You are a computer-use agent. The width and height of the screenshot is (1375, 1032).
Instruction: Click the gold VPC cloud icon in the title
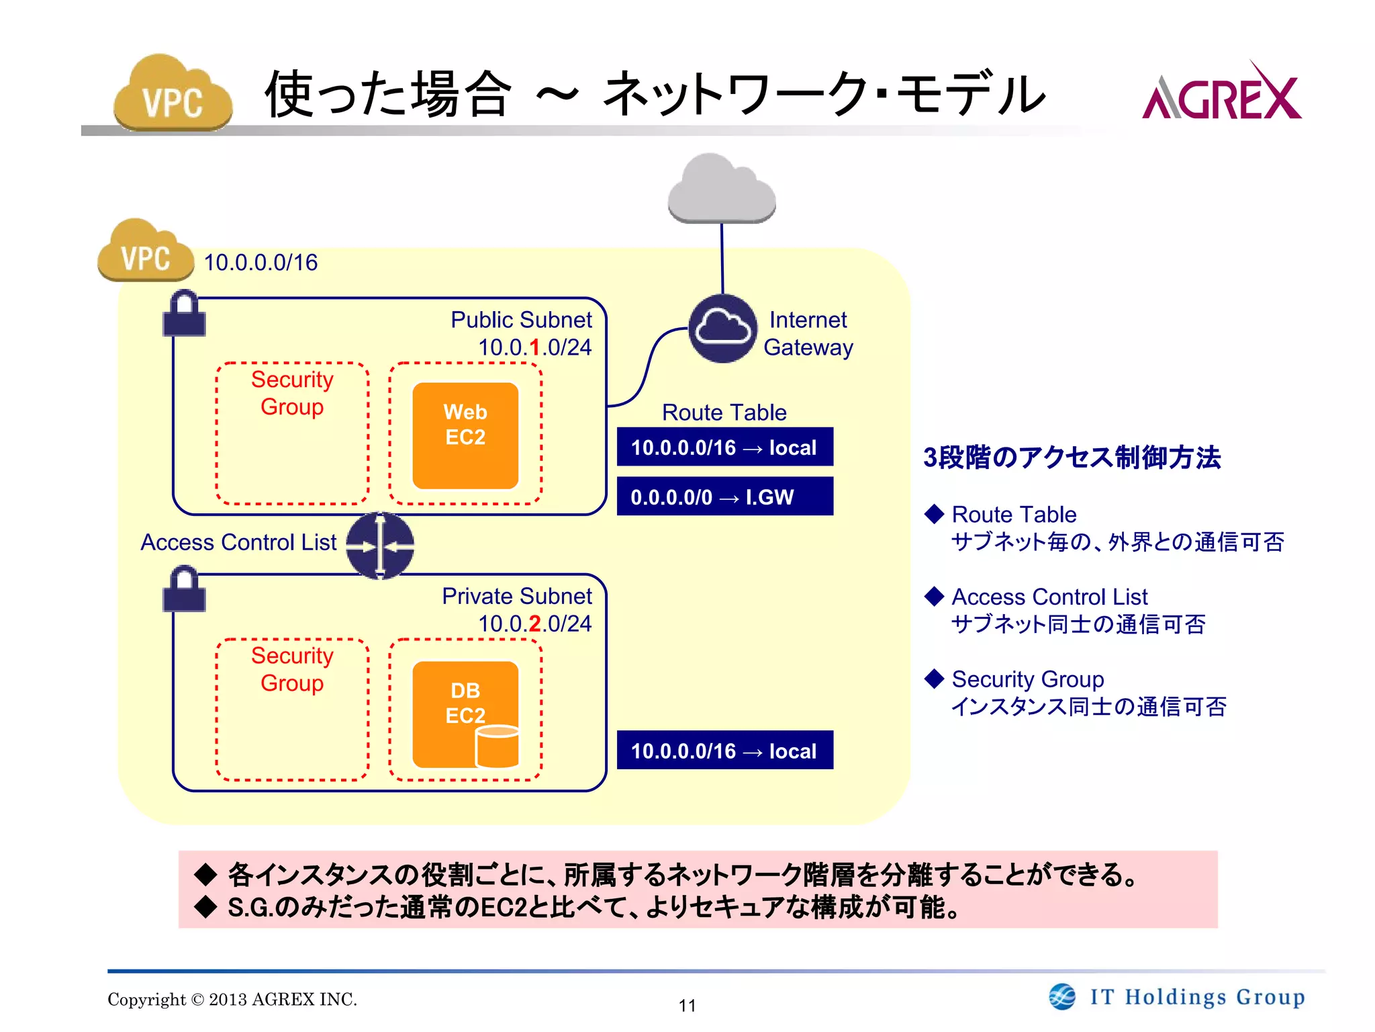click(x=173, y=94)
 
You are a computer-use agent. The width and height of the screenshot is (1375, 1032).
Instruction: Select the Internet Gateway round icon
click(x=722, y=329)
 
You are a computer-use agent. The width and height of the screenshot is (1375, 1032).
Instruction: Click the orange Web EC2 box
click(x=465, y=435)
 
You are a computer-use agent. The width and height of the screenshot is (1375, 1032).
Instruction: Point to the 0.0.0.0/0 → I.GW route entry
click(x=724, y=497)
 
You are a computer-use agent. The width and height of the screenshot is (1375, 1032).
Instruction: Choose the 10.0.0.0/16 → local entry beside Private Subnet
click(x=724, y=750)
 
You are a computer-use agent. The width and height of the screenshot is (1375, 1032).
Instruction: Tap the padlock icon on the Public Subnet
click(x=184, y=314)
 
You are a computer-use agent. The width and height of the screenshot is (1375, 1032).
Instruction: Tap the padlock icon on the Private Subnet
click(x=184, y=590)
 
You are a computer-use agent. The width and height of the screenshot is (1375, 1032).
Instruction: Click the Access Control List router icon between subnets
click(x=380, y=546)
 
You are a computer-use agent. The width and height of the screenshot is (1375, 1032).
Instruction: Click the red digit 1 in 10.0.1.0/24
click(x=535, y=347)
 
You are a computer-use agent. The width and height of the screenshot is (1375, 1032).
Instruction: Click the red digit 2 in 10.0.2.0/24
click(x=535, y=623)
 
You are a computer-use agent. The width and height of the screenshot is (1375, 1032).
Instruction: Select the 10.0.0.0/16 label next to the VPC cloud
click(x=260, y=263)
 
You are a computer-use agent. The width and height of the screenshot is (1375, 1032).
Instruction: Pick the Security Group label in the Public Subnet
click(x=292, y=393)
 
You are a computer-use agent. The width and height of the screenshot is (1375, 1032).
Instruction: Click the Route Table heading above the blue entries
click(x=724, y=413)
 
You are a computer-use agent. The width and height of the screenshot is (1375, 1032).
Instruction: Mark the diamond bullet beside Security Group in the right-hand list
click(x=934, y=679)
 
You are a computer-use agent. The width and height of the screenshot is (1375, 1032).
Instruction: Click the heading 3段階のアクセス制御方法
click(x=1072, y=458)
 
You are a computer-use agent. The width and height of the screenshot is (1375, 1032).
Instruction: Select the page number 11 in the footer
click(x=687, y=1005)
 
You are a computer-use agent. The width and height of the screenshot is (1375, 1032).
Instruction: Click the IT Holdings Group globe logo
click(x=1062, y=996)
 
